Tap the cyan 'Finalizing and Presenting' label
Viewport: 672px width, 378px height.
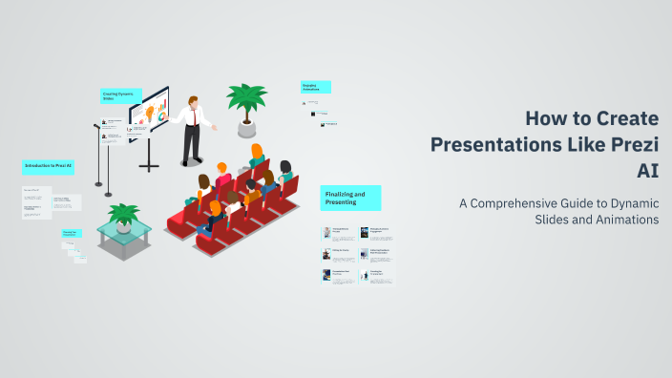pyautogui.click(x=350, y=198)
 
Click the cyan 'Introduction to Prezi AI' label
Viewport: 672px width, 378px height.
pyautogui.click(x=49, y=166)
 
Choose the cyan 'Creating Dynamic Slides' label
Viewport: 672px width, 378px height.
pyautogui.click(x=121, y=95)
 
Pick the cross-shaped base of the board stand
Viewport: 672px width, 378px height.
pyautogui.click(x=148, y=166)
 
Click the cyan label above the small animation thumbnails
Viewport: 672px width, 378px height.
pyautogui.click(x=316, y=87)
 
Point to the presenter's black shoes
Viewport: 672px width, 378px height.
pyautogui.click(x=192, y=161)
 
